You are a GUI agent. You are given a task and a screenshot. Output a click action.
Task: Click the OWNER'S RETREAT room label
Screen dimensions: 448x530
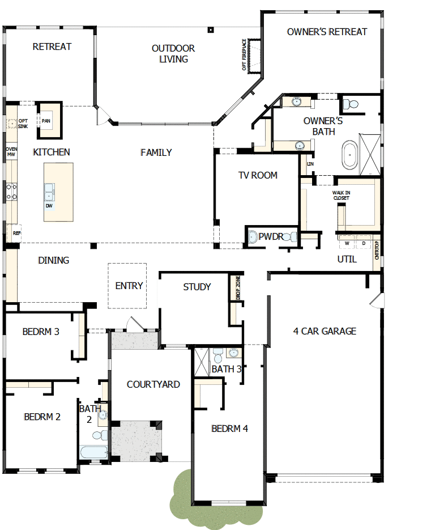click(327, 32)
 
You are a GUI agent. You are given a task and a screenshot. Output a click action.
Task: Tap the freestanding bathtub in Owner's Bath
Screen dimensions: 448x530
click(350, 155)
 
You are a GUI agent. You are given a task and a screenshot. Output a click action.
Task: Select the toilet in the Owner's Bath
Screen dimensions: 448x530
click(351, 104)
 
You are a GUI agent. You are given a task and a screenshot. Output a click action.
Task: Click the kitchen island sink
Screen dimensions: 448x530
click(49, 192)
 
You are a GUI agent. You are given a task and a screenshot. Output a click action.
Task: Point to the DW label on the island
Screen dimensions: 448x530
click(49, 206)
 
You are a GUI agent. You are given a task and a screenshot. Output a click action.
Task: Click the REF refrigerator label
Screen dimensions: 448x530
click(16, 233)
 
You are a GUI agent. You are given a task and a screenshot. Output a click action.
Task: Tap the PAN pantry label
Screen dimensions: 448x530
click(46, 121)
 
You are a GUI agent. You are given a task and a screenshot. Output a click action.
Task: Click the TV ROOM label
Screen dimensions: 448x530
click(258, 175)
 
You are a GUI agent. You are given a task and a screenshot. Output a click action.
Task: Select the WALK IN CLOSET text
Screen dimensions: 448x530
click(342, 196)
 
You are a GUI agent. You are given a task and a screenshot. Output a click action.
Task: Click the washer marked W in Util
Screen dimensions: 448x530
click(347, 243)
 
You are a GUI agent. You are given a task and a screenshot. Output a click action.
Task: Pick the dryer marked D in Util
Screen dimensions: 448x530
click(364, 243)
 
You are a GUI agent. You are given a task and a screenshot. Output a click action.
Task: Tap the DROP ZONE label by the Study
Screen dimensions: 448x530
click(238, 287)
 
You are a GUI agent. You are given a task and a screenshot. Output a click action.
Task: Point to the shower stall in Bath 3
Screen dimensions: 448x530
click(202, 362)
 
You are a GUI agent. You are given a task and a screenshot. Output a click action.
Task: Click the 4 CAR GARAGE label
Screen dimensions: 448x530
click(325, 331)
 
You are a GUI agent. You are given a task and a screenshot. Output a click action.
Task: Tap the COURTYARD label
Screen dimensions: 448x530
click(153, 384)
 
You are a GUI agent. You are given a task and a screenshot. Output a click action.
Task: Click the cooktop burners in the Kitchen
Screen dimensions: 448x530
click(11, 192)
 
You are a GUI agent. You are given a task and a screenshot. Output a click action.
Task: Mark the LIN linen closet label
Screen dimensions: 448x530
click(310, 164)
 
